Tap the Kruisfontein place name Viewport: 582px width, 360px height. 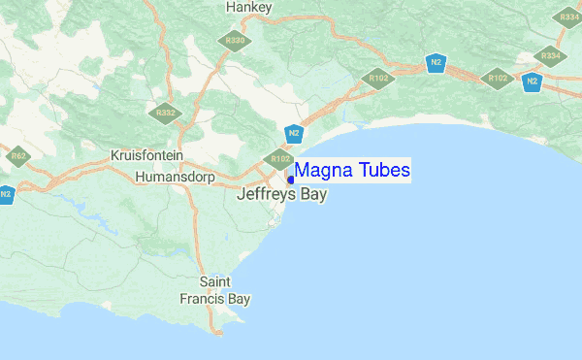point(147,156)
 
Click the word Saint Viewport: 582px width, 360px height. point(214,282)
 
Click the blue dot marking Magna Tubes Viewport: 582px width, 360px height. point(290,180)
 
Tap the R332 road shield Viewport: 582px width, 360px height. point(166,113)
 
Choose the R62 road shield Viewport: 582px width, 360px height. point(18,154)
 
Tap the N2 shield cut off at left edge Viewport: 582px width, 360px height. point(5,193)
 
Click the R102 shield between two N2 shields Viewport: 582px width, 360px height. point(498,78)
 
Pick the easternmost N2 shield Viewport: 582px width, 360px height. point(531,82)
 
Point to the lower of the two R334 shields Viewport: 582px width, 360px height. point(550,55)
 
